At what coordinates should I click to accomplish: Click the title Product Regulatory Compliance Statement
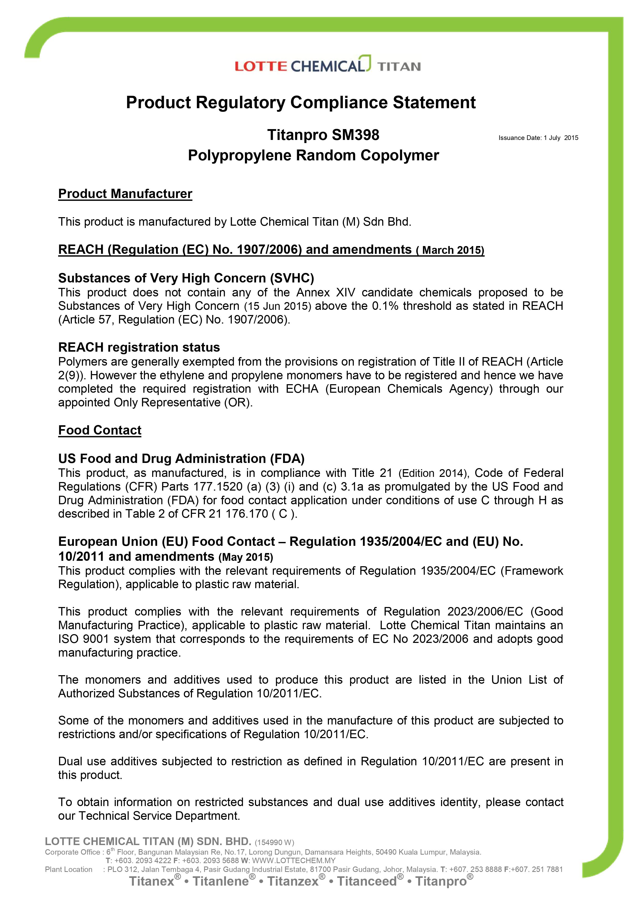(x=300, y=103)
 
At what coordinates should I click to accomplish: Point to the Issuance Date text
(x=538, y=138)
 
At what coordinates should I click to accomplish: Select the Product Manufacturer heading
(x=125, y=194)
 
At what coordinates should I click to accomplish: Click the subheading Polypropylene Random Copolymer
(x=313, y=155)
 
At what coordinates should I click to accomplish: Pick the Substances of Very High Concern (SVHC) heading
(x=186, y=278)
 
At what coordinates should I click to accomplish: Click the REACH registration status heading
(x=139, y=347)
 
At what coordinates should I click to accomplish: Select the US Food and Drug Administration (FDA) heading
(x=181, y=459)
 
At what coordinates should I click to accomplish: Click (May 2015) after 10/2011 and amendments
(x=246, y=557)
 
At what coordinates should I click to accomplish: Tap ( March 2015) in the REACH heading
(x=450, y=250)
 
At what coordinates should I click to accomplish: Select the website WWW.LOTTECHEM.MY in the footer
(x=294, y=861)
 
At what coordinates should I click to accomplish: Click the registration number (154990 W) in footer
(x=274, y=842)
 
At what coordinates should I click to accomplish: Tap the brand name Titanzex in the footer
(x=293, y=881)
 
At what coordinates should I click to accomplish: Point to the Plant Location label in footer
(x=69, y=869)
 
